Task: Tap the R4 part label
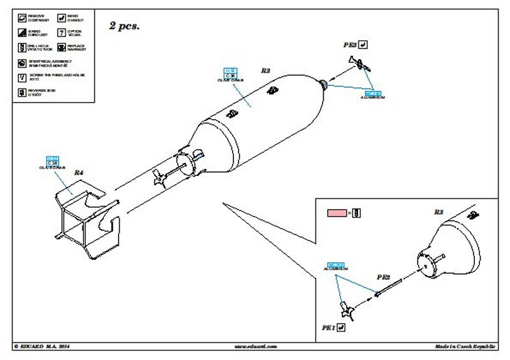pyautogui.click(x=79, y=173)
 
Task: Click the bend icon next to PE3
pyautogui.click(x=363, y=45)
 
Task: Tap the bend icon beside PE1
pyautogui.click(x=341, y=327)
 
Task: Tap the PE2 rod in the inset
pyautogui.click(x=387, y=289)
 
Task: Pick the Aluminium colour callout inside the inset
pyautogui.click(x=335, y=266)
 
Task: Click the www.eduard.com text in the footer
pyautogui.click(x=254, y=346)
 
